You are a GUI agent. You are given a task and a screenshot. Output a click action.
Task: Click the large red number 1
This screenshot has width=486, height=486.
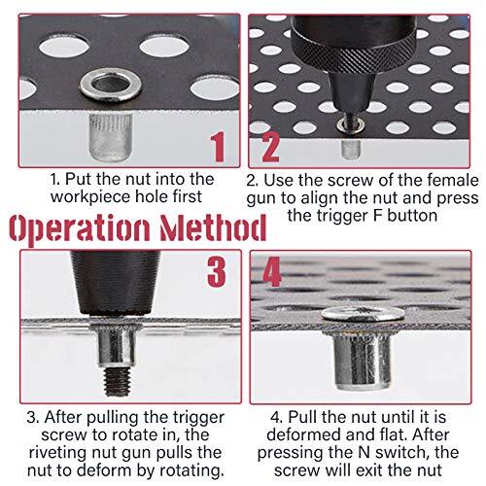click(x=219, y=149)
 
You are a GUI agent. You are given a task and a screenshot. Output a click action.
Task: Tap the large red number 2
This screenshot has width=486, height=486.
click(x=269, y=149)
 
